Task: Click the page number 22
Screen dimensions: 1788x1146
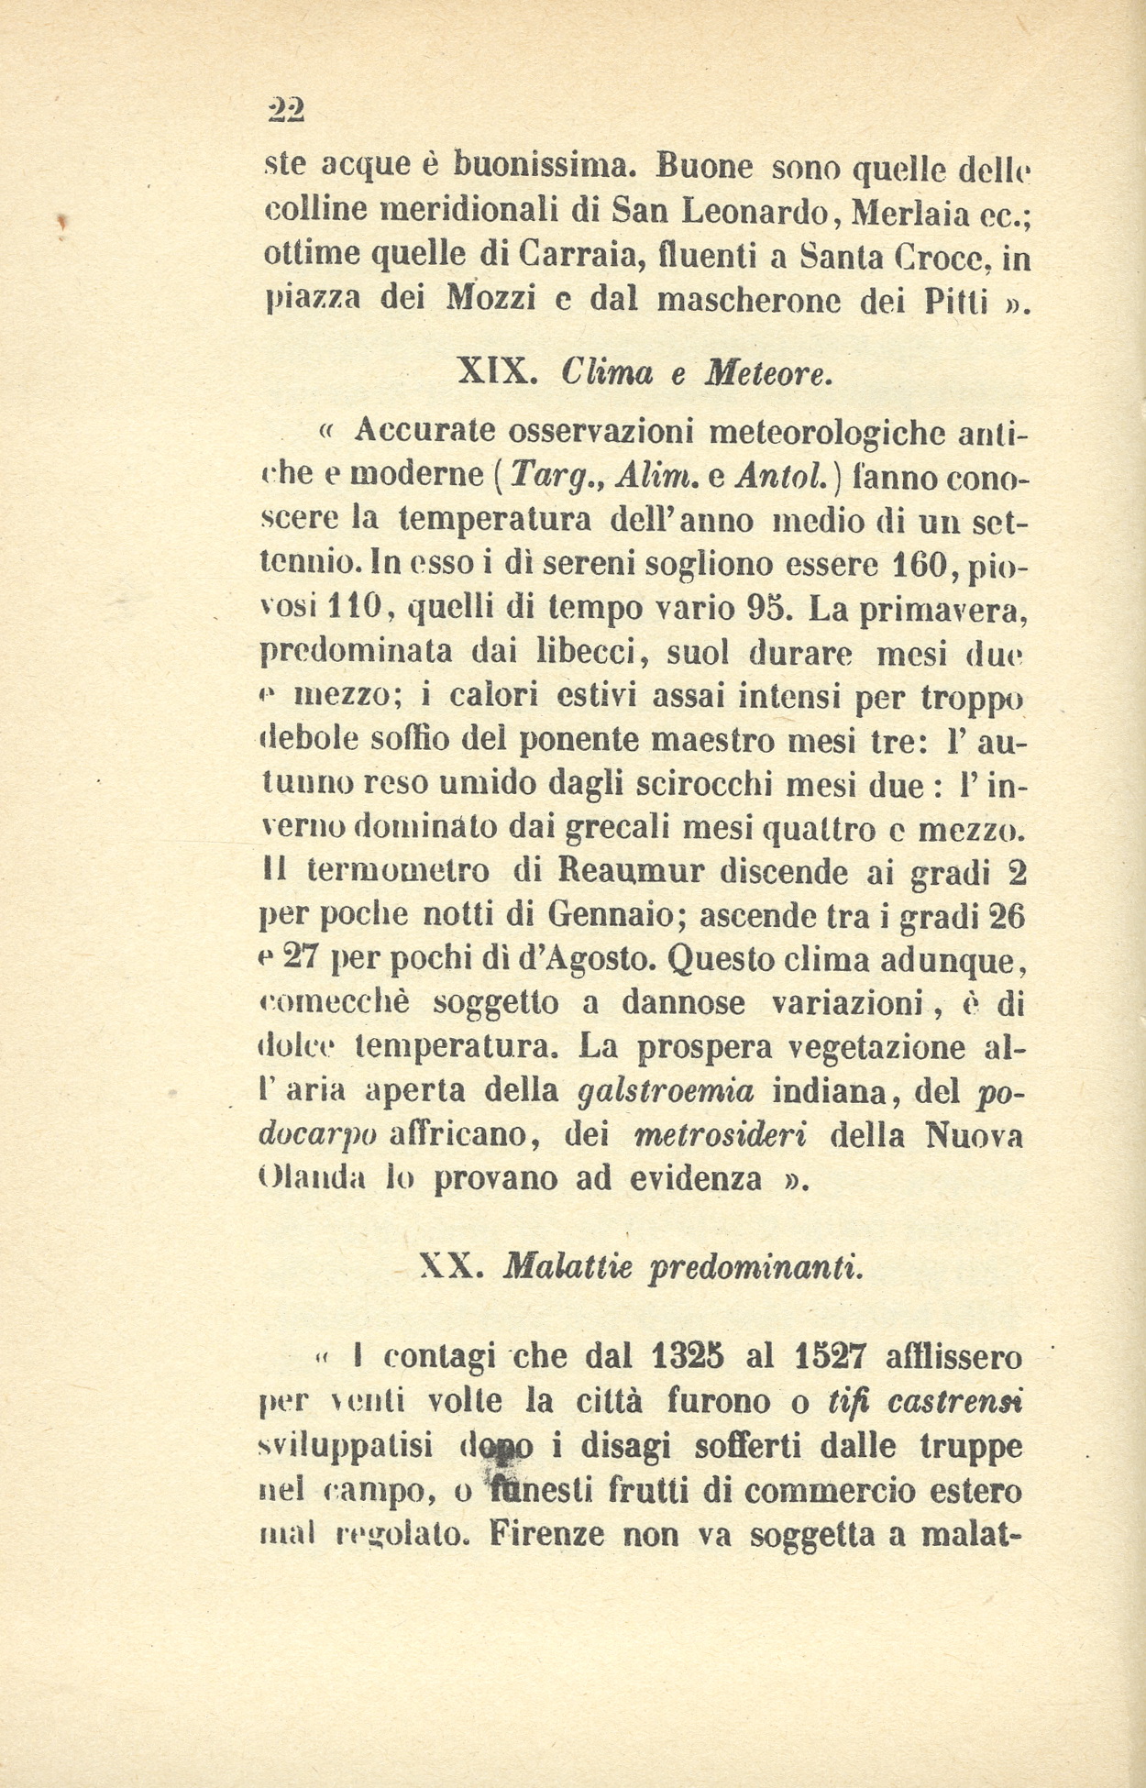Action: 285,110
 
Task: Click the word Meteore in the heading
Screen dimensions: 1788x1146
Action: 767,371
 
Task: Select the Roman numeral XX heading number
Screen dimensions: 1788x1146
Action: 448,1266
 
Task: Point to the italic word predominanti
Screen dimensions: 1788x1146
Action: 755,1268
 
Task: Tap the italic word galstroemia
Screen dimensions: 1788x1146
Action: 667,1090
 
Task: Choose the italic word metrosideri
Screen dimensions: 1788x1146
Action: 721,1134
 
